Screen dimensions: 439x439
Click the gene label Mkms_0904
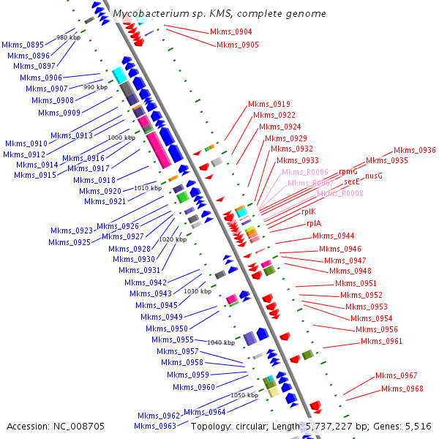click(x=230, y=31)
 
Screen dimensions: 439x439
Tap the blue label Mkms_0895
click(x=23, y=45)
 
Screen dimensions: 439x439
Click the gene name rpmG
click(x=348, y=171)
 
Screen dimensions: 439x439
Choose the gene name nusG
click(x=373, y=176)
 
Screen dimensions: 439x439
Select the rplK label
click(x=309, y=211)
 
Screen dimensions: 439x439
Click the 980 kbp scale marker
click(x=68, y=37)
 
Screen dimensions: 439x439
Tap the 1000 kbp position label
click(x=121, y=138)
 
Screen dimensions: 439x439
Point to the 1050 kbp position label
click(x=244, y=395)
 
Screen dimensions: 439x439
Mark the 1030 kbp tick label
click(x=198, y=291)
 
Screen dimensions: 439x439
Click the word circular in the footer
click(x=260, y=426)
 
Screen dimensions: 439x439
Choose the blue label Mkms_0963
click(x=157, y=426)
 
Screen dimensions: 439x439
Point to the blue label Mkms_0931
click(x=141, y=270)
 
